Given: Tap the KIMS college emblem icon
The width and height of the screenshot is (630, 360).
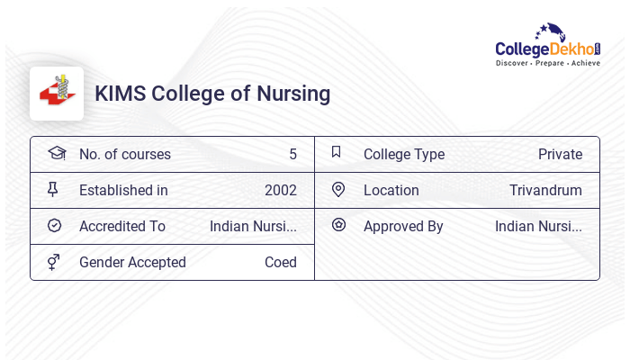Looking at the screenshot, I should coord(57,94).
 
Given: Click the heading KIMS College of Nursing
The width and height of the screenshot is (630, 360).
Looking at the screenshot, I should coord(212,94).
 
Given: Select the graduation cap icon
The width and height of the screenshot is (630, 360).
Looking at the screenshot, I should coord(56,153).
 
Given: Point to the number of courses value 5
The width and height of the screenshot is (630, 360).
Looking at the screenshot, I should coord(292,154).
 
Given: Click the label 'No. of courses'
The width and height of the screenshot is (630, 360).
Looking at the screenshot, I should coord(125,154).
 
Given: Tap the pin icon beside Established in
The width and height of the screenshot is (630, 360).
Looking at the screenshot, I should coord(53,189).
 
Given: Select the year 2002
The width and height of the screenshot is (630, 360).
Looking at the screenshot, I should coord(280,190).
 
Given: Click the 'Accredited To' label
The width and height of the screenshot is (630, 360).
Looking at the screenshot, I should coord(122,226).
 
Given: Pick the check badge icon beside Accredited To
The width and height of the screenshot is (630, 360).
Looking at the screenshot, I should coord(54,225).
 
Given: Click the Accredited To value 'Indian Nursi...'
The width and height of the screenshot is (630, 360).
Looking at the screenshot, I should coord(253,226).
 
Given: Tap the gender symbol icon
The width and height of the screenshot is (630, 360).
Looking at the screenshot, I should coord(54,261).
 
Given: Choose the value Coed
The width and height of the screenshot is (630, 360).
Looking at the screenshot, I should coord(280,262).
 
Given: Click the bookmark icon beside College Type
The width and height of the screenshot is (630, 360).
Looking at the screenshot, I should coord(337,152).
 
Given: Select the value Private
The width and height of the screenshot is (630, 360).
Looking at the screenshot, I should coord(560,154).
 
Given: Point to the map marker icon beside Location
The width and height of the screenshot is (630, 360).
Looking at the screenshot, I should coord(338,189).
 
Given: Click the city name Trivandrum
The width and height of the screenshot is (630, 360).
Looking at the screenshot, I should coord(545,190).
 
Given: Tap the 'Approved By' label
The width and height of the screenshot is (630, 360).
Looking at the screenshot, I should coord(403,226).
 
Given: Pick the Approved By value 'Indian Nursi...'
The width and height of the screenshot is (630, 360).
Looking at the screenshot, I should coord(538,226).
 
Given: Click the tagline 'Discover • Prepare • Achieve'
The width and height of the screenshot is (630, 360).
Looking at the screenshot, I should coord(547,63).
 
